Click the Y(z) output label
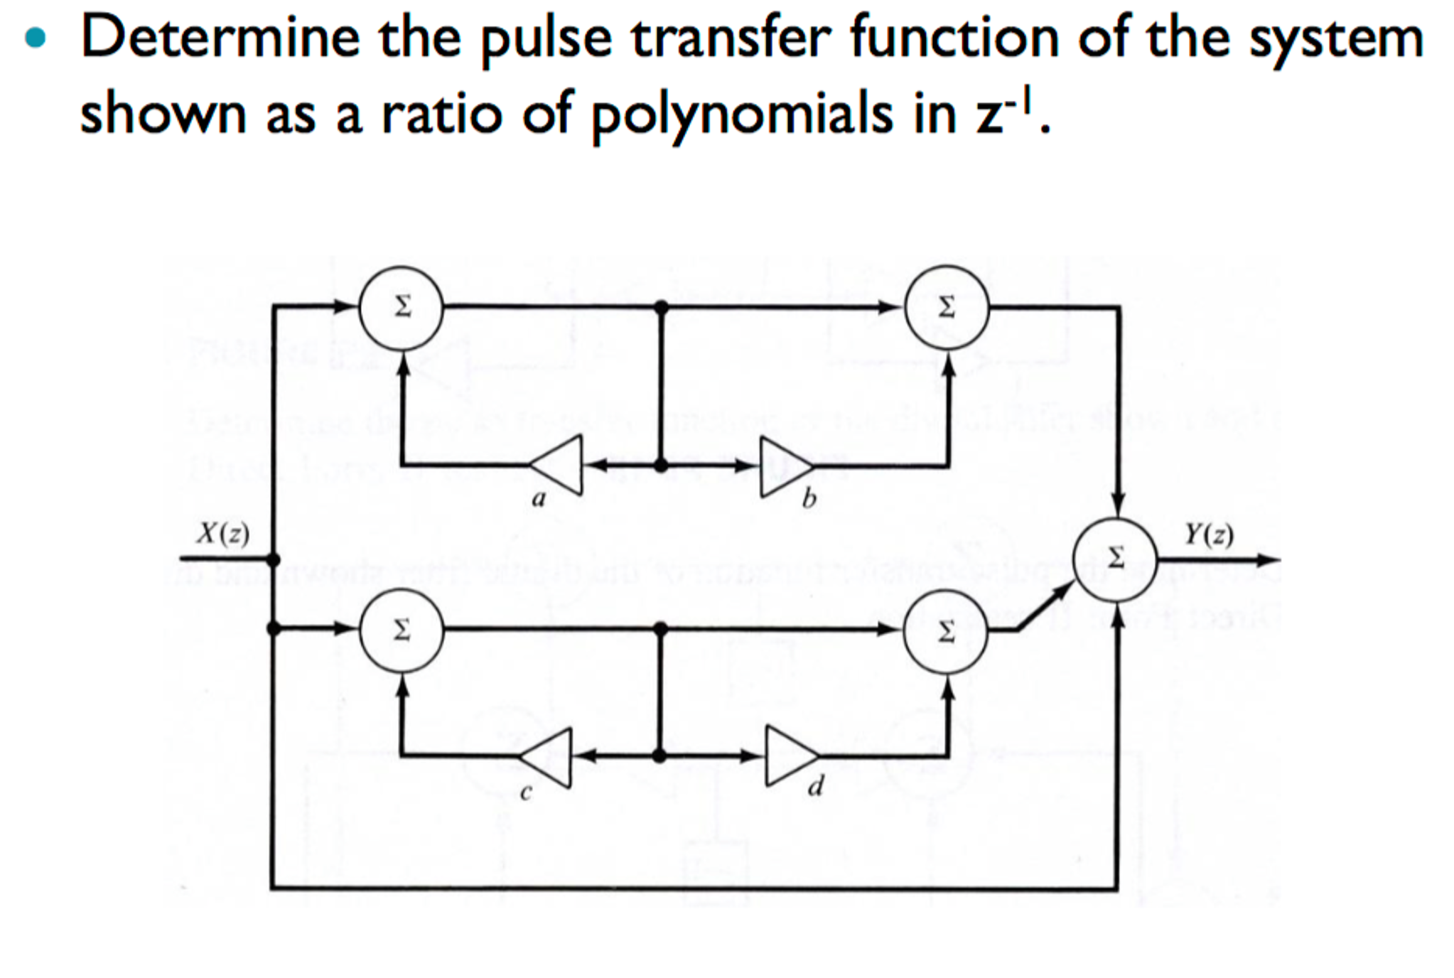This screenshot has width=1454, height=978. [x=1209, y=534]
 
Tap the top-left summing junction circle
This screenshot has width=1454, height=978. [x=402, y=307]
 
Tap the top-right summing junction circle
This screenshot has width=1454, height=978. [x=946, y=307]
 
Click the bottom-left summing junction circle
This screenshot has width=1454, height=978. [x=402, y=629]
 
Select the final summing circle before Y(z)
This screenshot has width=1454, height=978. [x=1116, y=559]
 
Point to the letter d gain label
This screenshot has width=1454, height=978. [x=817, y=786]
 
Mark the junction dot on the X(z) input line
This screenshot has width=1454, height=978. [x=273, y=559]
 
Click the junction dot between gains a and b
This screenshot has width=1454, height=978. [x=661, y=466]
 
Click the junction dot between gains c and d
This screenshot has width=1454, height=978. [x=659, y=756]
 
